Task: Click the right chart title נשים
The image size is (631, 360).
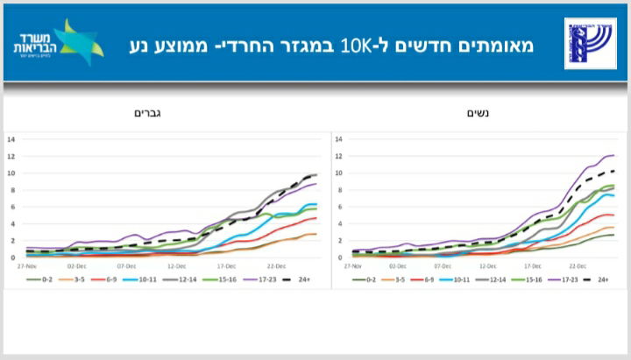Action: pyautogui.click(x=474, y=113)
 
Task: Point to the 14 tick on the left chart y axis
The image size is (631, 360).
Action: pyautogui.click(x=11, y=139)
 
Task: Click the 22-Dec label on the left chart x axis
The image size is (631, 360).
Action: pyautogui.click(x=275, y=264)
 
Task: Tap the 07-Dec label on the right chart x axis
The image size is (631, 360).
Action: pyautogui.click(x=443, y=264)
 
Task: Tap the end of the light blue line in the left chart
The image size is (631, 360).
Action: pyautogui.click(x=316, y=204)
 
